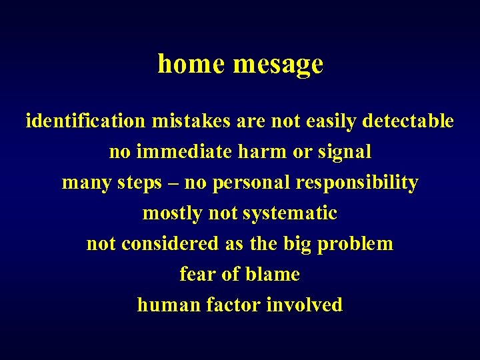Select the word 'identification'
pos(85,121)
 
